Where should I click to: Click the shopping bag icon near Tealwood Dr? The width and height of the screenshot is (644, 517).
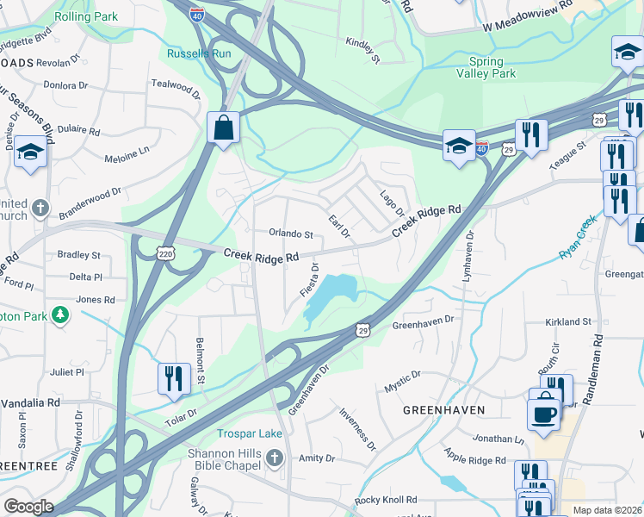tap(223, 128)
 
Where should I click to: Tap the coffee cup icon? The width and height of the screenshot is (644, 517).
tap(544, 413)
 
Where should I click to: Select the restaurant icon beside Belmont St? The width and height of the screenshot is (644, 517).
tap(174, 377)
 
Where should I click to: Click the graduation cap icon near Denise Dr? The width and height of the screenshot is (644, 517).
tap(31, 153)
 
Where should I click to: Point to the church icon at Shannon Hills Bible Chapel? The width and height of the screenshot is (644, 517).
tap(274, 456)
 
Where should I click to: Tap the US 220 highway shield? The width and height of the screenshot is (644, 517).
tap(167, 252)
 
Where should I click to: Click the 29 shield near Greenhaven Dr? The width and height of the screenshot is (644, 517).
tap(363, 330)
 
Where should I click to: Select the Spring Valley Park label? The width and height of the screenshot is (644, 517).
tap(492, 67)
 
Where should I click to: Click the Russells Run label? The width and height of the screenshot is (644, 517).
tap(199, 53)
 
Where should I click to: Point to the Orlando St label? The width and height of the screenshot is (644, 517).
tap(290, 234)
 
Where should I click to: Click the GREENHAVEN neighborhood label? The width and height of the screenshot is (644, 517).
tap(443, 410)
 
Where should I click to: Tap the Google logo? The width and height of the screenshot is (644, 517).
tap(28, 507)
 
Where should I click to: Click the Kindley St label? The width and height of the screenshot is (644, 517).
tap(362, 50)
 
